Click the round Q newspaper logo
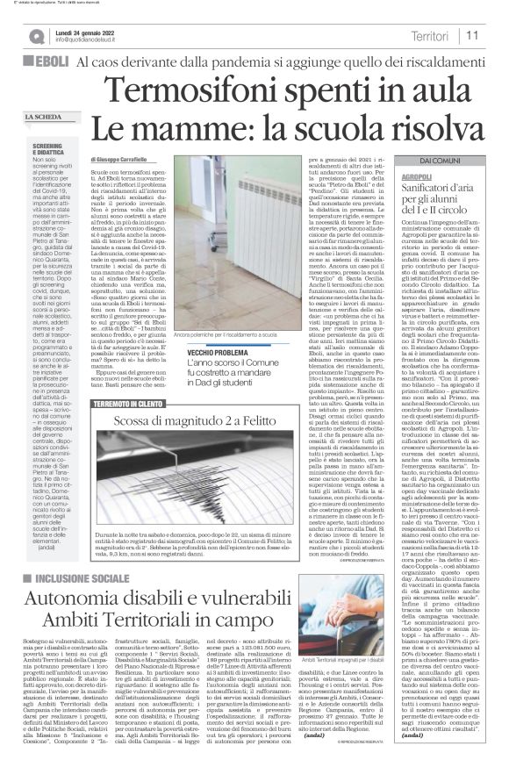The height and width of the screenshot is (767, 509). pos(35,36)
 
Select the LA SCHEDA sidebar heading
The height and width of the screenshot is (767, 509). pos(45,118)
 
